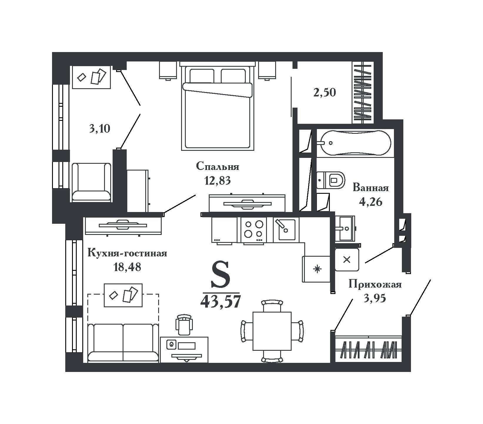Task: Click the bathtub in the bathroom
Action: (355, 143)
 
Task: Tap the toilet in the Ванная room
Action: (330, 180)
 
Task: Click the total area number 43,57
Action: (220, 301)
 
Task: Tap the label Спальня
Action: (218, 167)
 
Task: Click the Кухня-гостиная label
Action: (127, 253)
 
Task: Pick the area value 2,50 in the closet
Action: (324, 93)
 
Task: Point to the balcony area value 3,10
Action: (100, 129)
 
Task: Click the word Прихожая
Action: (375, 285)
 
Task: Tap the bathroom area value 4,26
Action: (370, 202)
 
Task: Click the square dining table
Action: (272, 331)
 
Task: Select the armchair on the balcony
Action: (91, 182)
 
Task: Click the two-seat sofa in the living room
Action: (123, 343)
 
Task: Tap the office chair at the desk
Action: (184, 324)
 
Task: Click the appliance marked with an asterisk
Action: (316, 269)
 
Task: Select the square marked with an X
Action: (347, 259)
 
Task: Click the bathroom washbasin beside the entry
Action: (346, 228)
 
